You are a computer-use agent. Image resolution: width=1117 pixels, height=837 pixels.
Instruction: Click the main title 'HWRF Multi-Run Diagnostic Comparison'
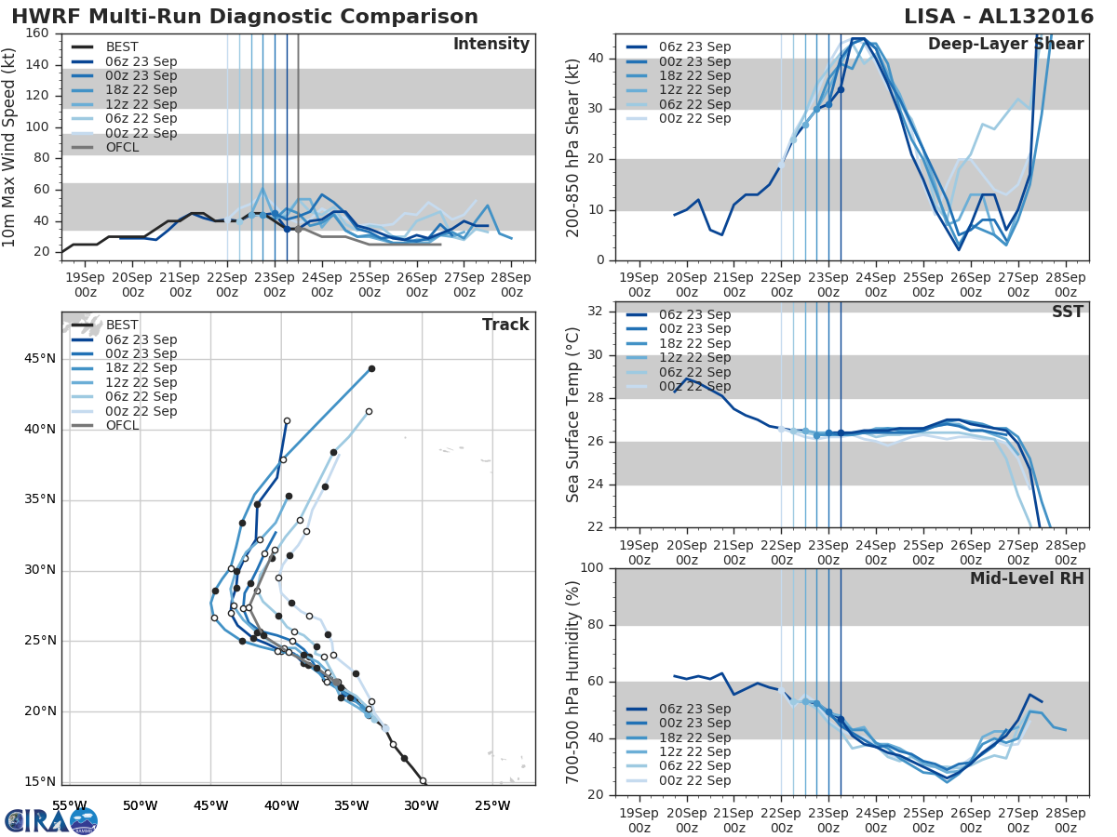[245, 17]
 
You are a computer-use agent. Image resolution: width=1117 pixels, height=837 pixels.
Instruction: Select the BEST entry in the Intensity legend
[122, 47]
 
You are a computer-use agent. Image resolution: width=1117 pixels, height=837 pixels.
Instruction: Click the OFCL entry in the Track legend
[122, 425]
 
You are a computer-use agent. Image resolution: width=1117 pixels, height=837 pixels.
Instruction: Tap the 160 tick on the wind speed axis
[37, 33]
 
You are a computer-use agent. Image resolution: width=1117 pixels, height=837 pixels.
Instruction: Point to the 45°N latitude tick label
[39, 359]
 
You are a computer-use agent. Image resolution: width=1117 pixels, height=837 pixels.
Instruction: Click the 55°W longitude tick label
[69, 804]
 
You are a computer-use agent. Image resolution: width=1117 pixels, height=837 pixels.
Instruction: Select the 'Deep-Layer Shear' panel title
[1005, 45]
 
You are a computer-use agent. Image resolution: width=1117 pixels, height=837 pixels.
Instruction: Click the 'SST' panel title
[1067, 312]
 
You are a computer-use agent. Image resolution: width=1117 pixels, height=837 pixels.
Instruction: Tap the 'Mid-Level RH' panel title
[1027, 578]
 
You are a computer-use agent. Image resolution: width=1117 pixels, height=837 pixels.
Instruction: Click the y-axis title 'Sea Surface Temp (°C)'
[572, 415]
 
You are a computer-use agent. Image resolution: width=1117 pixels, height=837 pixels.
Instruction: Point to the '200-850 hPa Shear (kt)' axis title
[572, 147]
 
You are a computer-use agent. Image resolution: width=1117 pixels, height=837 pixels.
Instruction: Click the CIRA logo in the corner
[51, 820]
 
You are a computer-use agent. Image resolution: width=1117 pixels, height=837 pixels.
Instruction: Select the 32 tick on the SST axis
[594, 312]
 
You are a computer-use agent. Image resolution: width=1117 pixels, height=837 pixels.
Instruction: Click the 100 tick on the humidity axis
[590, 568]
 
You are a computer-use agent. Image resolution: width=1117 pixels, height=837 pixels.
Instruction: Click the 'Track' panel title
[505, 325]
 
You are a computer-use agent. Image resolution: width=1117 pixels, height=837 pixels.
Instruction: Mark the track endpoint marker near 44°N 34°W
[371, 369]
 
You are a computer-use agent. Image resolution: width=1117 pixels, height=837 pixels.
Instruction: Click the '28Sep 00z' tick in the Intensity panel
[511, 285]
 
